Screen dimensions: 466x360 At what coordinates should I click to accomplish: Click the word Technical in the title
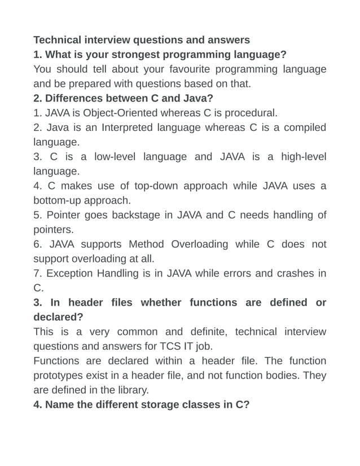(x=58, y=40)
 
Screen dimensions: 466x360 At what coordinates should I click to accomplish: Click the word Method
(x=146, y=244)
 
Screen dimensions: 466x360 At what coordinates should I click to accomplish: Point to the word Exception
(x=69, y=274)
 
